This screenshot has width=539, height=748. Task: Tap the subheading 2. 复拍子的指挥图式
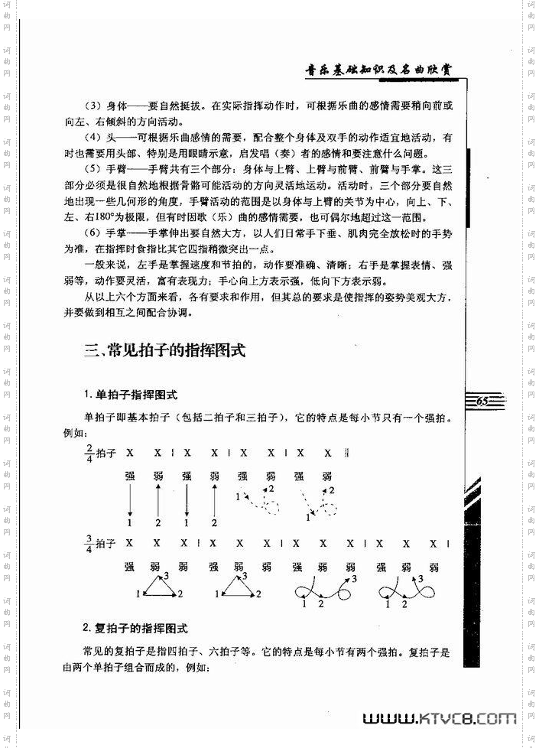click(x=135, y=628)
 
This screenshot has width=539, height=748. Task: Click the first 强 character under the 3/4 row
click(x=130, y=568)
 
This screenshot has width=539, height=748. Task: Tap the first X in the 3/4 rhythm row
click(x=130, y=544)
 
